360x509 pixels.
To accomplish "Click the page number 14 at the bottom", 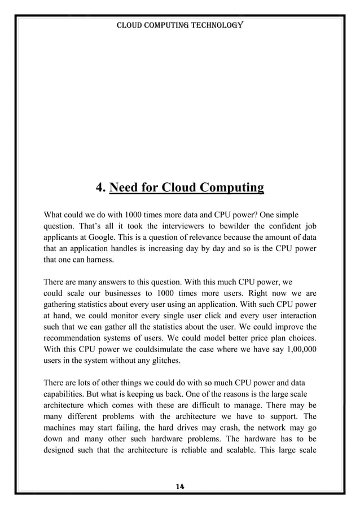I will click(180, 486).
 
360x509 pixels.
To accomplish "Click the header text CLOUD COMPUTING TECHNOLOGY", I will click(179, 25).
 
